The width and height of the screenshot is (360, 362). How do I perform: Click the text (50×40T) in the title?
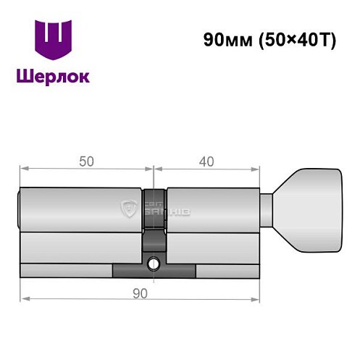point(293,41)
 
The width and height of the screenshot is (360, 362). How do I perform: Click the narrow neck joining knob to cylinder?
point(267,210)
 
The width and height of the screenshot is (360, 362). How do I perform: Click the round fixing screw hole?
point(154,264)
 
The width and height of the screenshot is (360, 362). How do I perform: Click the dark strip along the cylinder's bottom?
point(154,273)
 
